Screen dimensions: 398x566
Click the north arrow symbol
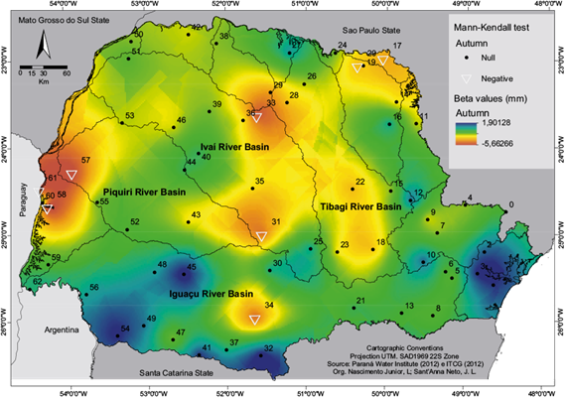(44, 47)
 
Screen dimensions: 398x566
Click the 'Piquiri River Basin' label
(145, 191)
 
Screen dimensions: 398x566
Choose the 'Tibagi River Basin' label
(360, 206)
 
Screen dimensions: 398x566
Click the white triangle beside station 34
(256, 320)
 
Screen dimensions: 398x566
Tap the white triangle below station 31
(262, 236)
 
